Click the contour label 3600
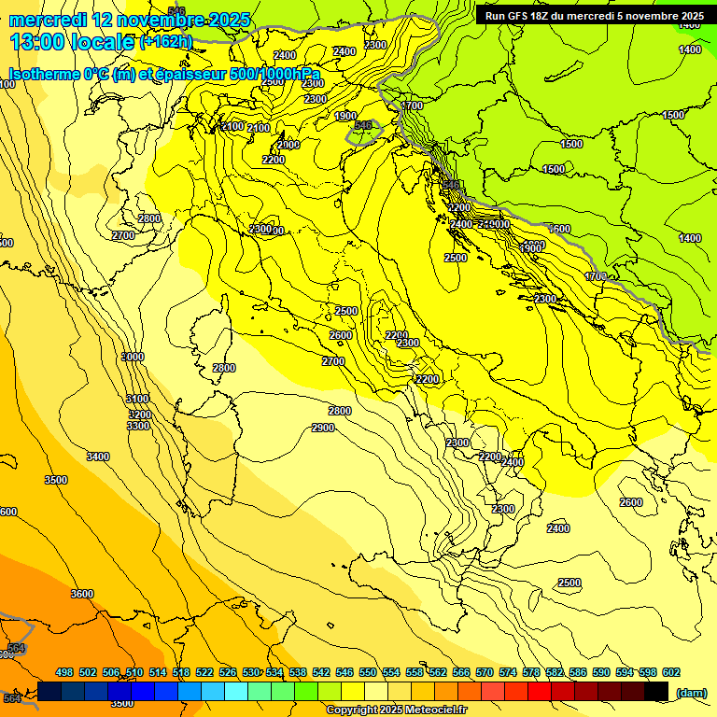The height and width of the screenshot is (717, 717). tap(82, 594)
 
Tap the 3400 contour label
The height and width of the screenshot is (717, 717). tap(97, 457)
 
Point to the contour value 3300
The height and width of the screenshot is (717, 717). tap(137, 426)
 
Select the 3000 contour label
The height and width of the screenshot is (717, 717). tap(133, 357)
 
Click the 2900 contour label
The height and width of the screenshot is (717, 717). tap(323, 428)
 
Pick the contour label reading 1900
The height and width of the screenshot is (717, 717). tap(345, 116)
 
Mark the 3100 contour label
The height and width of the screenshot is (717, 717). tap(137, 399)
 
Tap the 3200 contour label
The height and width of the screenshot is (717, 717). tap(139, 414)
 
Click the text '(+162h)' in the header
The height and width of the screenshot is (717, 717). tap(165, 41)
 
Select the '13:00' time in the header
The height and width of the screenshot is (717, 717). tap(38, 41)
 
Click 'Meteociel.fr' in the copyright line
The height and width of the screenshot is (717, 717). tap(436, 710)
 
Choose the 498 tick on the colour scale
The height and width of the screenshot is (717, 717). tap(64, 672)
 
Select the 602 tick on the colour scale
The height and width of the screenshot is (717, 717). tap(670, 672)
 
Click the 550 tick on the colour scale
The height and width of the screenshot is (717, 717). tap(368, 672)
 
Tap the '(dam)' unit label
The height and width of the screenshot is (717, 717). tap(691, 692)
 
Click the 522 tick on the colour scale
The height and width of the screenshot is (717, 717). tap(204, 672)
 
